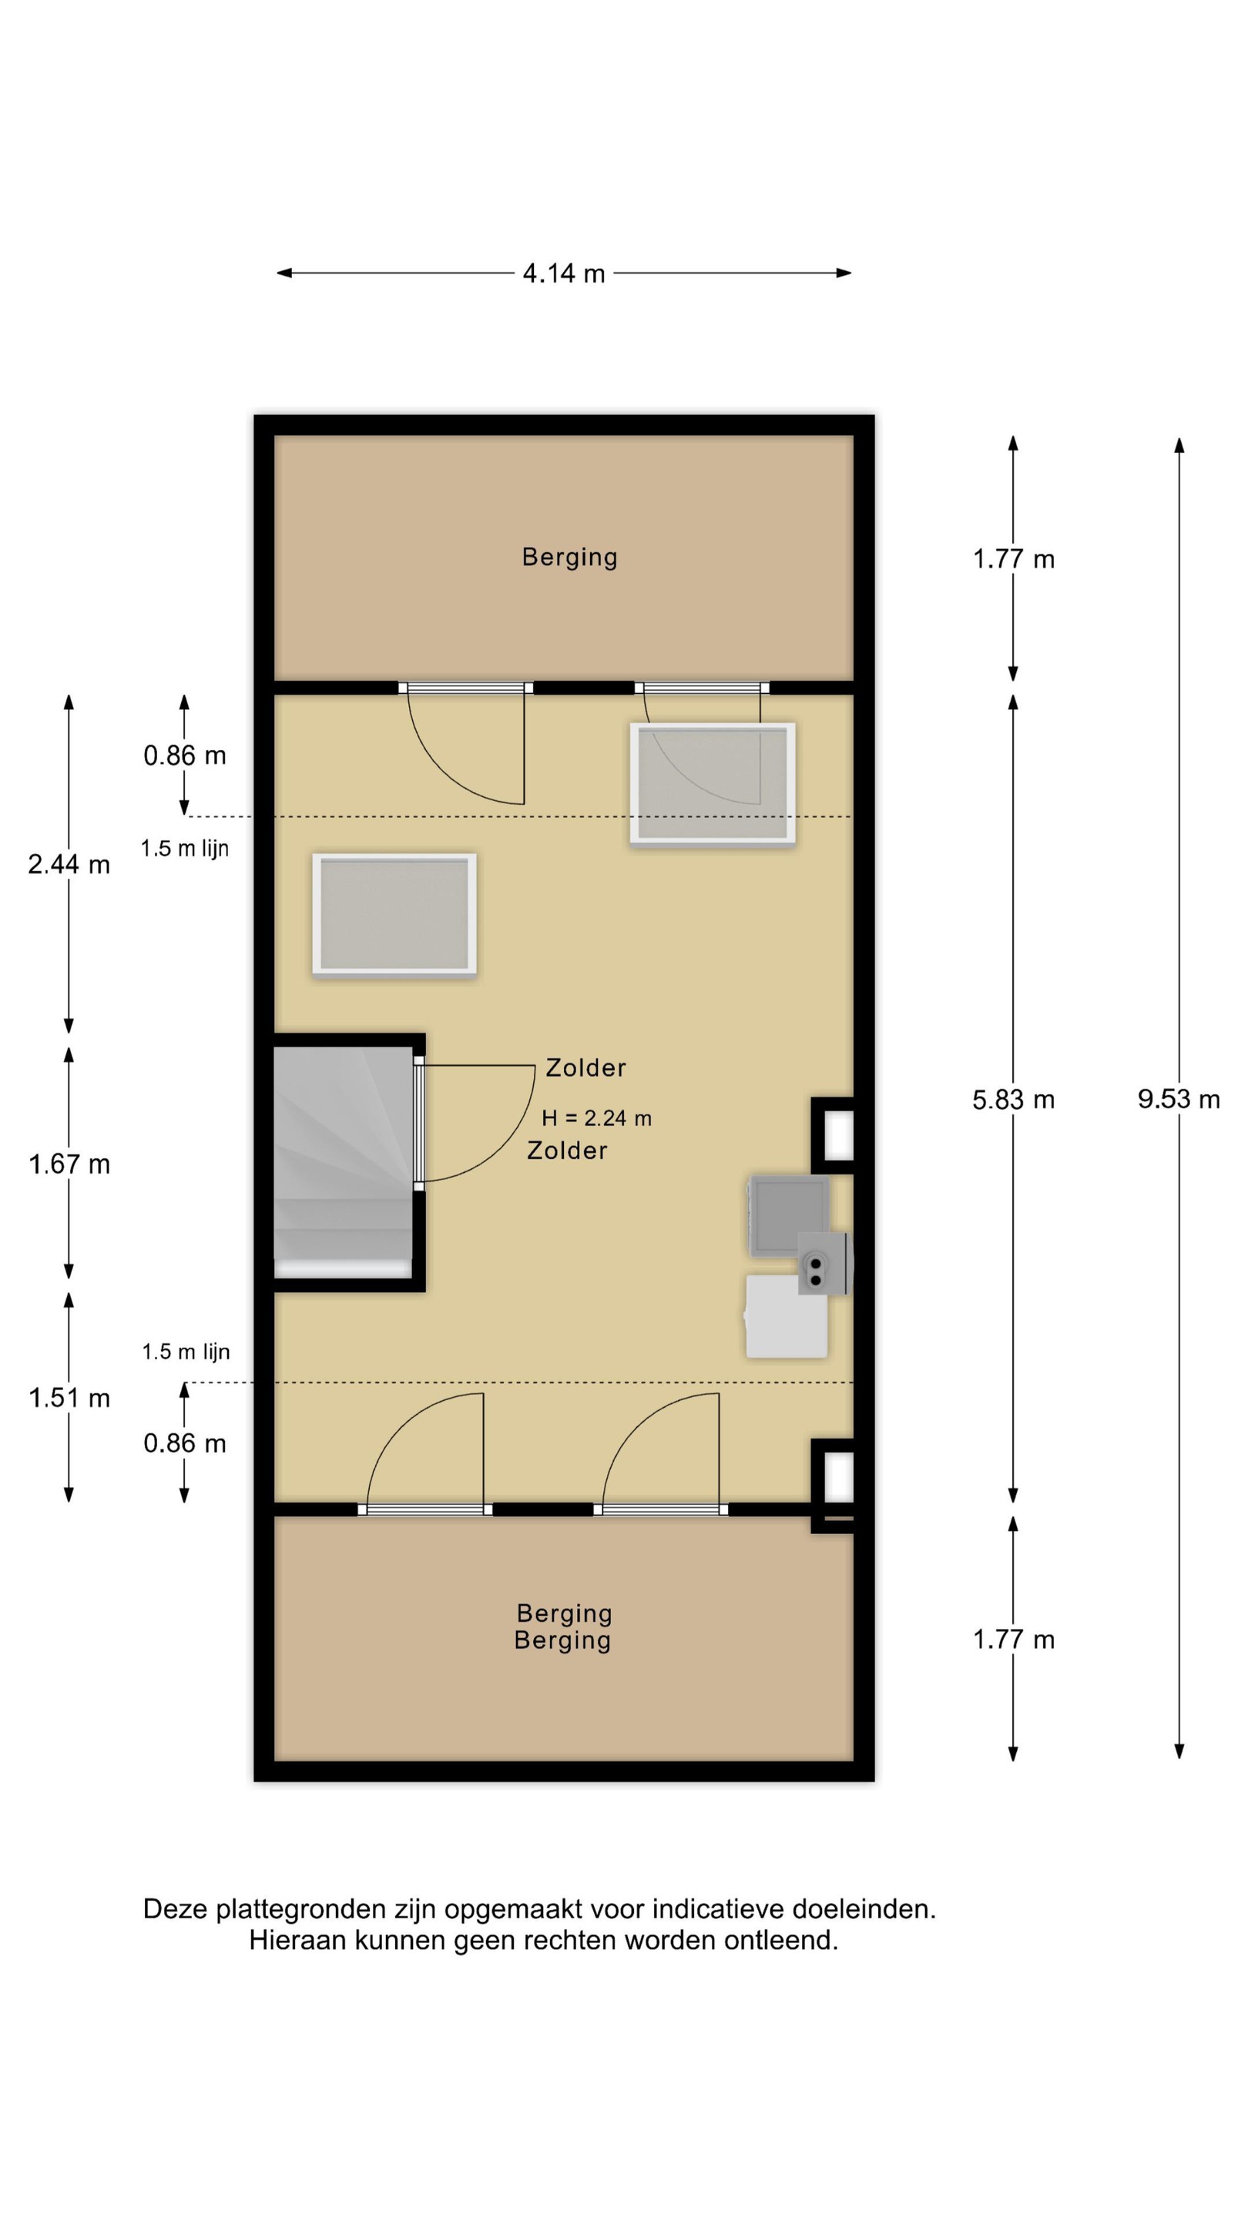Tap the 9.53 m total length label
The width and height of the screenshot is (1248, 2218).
click(1178, 1099)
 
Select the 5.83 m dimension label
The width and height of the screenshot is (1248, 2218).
click(1013, 1100)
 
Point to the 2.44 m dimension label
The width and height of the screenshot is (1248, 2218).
click(69, 863)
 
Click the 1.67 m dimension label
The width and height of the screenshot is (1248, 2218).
click(69, 1164)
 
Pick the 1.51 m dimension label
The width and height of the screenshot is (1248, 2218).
click(69, 1398)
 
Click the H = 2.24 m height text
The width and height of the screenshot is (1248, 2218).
click(596, 1117)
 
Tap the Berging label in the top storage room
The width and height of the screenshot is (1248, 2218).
click(569, 557)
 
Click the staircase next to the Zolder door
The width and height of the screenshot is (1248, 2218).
click(343, 1161)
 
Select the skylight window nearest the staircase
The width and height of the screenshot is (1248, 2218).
click(394, 914)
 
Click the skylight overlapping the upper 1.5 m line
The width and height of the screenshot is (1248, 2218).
click(713, 783)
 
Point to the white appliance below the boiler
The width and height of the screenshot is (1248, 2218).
click(787, 1316)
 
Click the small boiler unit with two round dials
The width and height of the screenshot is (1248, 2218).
click(823, 1263)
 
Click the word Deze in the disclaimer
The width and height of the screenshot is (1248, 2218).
click(176, 1909)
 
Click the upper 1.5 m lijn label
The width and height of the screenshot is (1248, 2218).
click(185, 848)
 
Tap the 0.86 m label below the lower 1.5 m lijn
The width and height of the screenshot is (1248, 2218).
click(184, 1443)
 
